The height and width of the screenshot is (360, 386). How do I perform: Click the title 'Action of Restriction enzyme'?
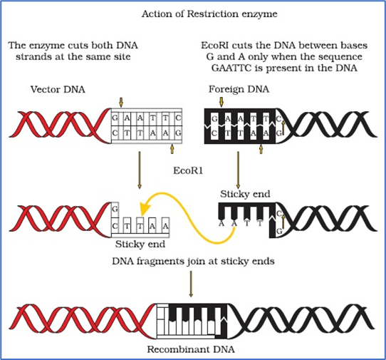coord(209,14)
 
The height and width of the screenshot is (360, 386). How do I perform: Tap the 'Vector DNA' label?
coord(58,89)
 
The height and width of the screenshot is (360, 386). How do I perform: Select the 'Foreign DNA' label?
coord(239,89)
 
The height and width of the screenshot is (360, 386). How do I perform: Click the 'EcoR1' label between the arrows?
coord(188,170)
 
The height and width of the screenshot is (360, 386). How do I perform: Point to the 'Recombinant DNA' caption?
coord(191,349)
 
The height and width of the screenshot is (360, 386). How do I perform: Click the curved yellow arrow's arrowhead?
coord(145,209)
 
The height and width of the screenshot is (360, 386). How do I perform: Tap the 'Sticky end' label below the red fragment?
coord(140,245)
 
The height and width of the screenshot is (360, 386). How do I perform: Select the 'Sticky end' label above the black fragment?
coord(245,194)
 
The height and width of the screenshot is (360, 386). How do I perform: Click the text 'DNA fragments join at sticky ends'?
coord(193,261)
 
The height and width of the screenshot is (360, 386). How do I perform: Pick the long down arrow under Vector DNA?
coord(140,170)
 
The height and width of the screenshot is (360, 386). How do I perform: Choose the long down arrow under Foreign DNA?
coord(238,170)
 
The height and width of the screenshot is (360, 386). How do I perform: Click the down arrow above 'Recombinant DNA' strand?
coord(191,284)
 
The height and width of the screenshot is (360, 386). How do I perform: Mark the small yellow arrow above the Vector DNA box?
coord(120,102)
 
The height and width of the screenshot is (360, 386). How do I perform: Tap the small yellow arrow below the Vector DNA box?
coord(172,149)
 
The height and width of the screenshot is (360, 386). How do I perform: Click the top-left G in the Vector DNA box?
coord(115,118)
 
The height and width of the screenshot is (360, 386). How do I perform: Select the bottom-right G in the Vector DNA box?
coord(178,133)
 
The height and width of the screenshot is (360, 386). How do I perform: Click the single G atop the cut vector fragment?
coord(115,210)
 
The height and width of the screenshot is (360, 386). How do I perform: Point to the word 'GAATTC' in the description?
coord(231,68)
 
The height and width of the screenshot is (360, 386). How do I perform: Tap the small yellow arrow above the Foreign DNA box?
coord(221,102)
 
